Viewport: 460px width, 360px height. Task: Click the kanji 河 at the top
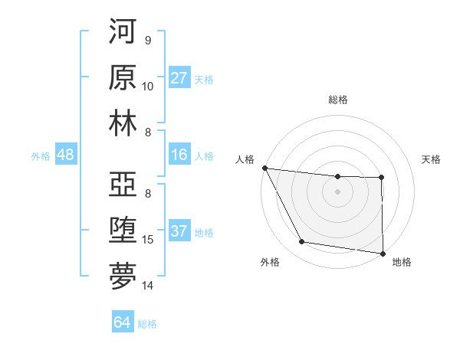(123, 32)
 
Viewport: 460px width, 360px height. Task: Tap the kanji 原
(123, 77)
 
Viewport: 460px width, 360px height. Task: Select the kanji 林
(123, 123)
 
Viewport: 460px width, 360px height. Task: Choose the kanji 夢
(123, 276)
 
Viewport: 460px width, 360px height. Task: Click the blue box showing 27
(179, 78)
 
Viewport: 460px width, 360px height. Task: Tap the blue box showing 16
(179, 155)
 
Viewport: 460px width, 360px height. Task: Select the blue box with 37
(179, 232)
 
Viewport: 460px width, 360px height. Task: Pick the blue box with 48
(65, 155)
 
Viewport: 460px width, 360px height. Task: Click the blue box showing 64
(122, 322)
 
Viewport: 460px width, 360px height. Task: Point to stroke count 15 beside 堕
(148, 240)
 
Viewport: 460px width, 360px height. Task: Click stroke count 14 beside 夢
(148, 286)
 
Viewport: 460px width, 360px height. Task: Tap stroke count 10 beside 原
(148, 86)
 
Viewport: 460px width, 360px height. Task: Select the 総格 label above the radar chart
(338, 100)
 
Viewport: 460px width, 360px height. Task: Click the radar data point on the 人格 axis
(264, 168)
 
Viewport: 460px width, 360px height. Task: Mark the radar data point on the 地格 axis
(383, 253)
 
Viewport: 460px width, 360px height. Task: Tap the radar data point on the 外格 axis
(302, 242)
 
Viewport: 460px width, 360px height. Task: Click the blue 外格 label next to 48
(41, 156)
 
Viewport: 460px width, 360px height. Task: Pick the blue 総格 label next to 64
(147, 323)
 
